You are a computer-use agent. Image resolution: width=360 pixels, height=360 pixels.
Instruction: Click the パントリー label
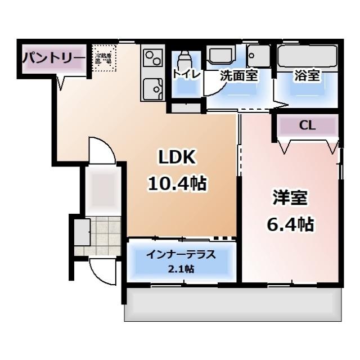pyautogui.click(x=53, y=58)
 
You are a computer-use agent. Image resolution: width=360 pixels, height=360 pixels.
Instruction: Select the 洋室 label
pyautogui.click(x=290, y=198)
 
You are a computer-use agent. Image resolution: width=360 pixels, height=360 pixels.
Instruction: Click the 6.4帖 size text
pyautogui.click(x=290, y=224)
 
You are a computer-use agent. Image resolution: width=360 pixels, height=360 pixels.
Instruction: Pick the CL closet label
pyautogui.click(x=307, y=126)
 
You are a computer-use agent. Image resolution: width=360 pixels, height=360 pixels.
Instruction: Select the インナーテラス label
pyautogui.click(x=181, y=254)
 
